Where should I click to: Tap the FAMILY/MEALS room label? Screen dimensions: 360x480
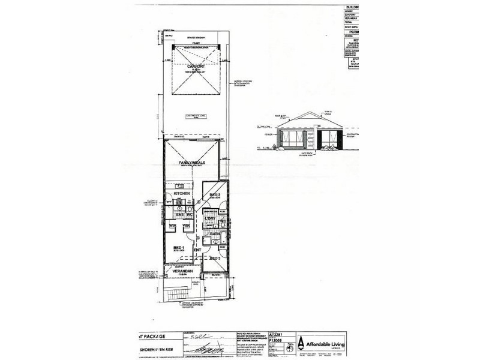click(193, 162)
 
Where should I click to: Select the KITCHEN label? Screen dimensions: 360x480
click(182, 194)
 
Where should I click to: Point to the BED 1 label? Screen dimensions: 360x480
click(178, 248)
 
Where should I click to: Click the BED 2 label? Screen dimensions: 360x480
click(214, 196)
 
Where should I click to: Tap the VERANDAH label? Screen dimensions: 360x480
click(183, 271)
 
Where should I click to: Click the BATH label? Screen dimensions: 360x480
click(214, 234)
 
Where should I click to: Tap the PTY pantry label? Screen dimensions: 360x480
click(169, 204)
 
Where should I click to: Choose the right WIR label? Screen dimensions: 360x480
click(186, 226)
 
